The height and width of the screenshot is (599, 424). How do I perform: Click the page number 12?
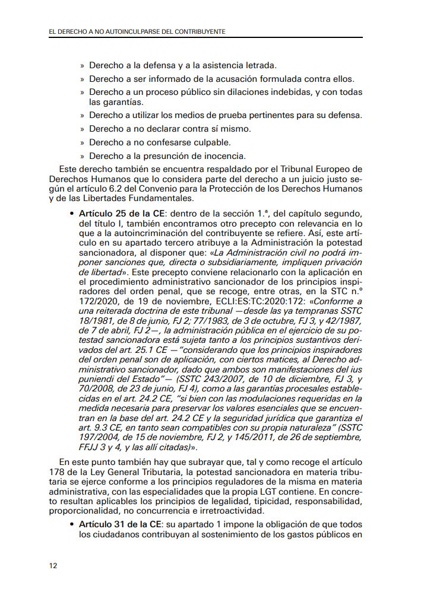pyautogui.click(x=53, y=565)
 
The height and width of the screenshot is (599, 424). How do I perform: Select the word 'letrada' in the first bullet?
pyautogui.click(x=261, y=65)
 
